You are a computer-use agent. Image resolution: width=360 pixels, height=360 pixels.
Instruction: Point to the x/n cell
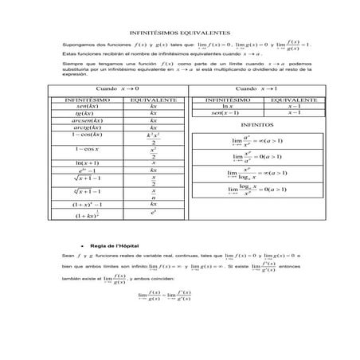point(153,194)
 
